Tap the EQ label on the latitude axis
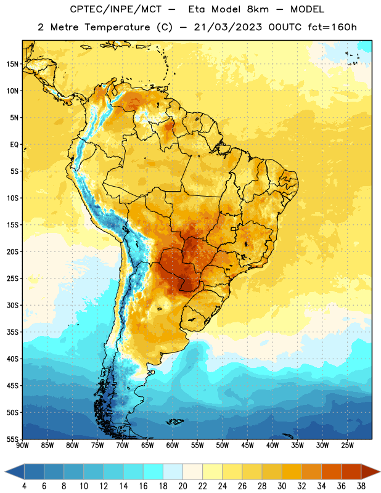tap(14, 145)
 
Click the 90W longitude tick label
tap(22, 446)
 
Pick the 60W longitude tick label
tap(173, 446)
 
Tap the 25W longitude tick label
tap(347, 446)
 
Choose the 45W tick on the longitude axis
tap(247, 446)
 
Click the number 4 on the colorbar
tap(24, 486)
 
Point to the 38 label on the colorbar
tap(361, 486)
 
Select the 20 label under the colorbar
tap(182, 486)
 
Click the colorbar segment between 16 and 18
tap(154, 472)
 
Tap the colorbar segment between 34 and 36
tap(331, 472)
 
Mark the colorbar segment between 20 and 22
tap(192, 472)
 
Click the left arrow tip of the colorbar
tap(5, 472)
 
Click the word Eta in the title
tap(197, 9)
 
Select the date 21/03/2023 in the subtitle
tap(227, 27)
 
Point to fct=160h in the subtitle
tap(332, 27)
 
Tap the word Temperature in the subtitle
tap(117, 28)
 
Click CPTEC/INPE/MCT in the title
tap(115, 9)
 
